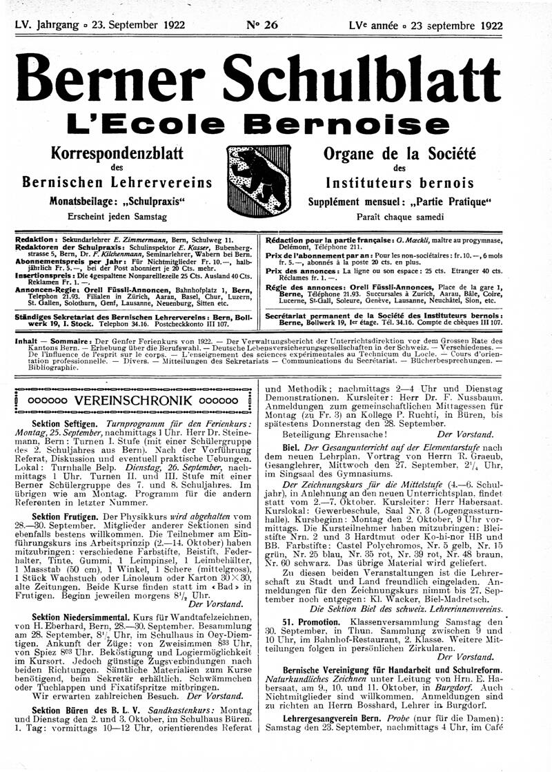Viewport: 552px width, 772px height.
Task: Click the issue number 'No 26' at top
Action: coord(262,26)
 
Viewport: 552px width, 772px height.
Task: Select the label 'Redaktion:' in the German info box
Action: coord(37,238)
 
